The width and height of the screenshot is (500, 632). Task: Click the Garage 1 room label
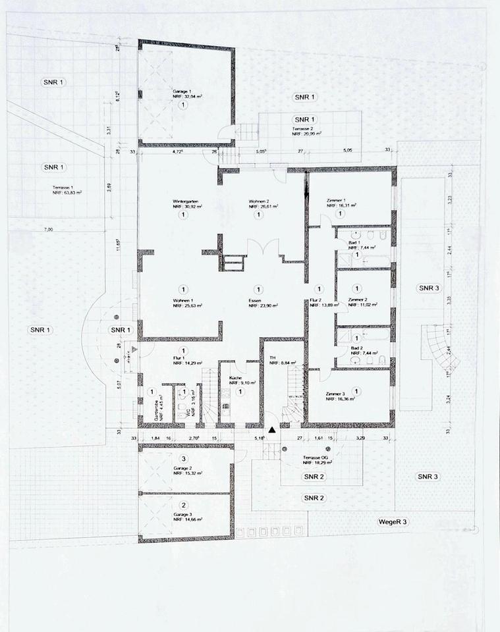pyautogui.click(x=182, y=91)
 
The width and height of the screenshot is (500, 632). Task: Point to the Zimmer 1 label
pyautogui.click(x=337, y=199)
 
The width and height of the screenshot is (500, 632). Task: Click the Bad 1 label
pyautogui.click(x=354, y=243)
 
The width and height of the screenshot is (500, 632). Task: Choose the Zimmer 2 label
pyautogui.click(x=357, y=300)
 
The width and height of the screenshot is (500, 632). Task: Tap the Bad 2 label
pyautogui.click(x=356, y=348)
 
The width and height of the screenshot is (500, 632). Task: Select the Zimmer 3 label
pyautogui.click(x=337, y=394)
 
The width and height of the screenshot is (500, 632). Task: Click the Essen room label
pyautogui.click(x=258, y=300)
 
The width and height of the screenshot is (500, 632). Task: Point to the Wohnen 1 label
pyautogui.click(x=182, y=300)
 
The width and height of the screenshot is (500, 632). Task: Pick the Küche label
pyautogui.click(x=235, y=379)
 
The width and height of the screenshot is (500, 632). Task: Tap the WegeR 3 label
pyautogui.click(x=393, y=522)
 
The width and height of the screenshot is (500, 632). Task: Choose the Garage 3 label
pyautogui.click(x=182, y=514)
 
